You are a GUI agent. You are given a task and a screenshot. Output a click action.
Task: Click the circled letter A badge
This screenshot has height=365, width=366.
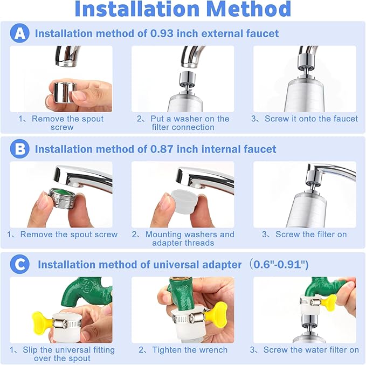19,33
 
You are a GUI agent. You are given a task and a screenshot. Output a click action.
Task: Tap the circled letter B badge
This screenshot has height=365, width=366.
19,149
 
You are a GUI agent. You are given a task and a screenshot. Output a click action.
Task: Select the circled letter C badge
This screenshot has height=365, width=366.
19,265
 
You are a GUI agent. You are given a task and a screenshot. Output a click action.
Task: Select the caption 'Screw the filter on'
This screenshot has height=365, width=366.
311,235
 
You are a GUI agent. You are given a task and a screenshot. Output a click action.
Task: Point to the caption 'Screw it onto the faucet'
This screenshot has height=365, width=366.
311,119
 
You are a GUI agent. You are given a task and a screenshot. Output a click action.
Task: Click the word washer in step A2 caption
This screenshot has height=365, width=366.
183,119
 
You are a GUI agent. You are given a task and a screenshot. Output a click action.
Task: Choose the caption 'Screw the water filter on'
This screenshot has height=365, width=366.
311,350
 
